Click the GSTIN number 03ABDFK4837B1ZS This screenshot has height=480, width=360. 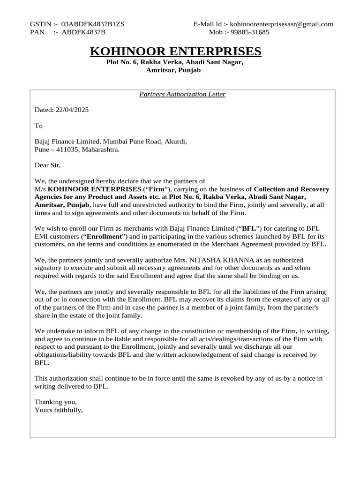coord(93,24)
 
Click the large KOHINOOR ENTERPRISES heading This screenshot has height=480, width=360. coord(175,51)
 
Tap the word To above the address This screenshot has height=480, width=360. coord(38,126)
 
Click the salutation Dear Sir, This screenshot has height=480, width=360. coord(48,165)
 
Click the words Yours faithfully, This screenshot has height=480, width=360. coord(59,410)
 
